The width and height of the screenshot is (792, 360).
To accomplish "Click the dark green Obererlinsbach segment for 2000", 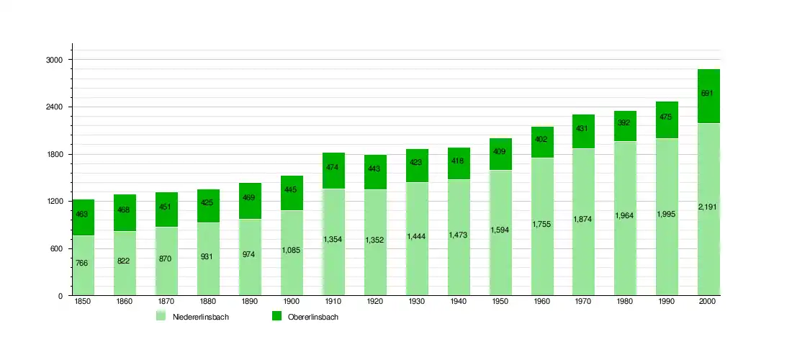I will click(x=708, y=96).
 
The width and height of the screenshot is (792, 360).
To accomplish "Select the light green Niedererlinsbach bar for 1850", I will click(x=83, y=265).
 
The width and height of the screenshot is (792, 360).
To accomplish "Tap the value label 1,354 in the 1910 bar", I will click(x=333, y=239).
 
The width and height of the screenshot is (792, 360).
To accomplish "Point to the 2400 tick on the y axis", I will click(x=55, y=107).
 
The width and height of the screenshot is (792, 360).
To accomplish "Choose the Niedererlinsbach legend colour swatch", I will click(x=161, y=317).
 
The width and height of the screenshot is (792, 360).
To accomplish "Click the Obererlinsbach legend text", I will click(x=312, y=318).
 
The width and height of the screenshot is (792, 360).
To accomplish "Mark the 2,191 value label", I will click(x=708, y=207).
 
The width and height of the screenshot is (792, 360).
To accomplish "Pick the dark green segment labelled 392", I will click(x=625, y=126).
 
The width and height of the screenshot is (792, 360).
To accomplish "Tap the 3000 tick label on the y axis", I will click(x=55, y=60).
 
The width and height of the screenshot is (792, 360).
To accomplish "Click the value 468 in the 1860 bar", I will click(x=124, y=210).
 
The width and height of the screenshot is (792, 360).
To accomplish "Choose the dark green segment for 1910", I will click(x=333, y=171).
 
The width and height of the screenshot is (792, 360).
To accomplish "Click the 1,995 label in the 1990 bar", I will click(x=667, y=215).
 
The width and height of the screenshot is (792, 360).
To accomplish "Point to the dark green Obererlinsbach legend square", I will click(x=276, y=317).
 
